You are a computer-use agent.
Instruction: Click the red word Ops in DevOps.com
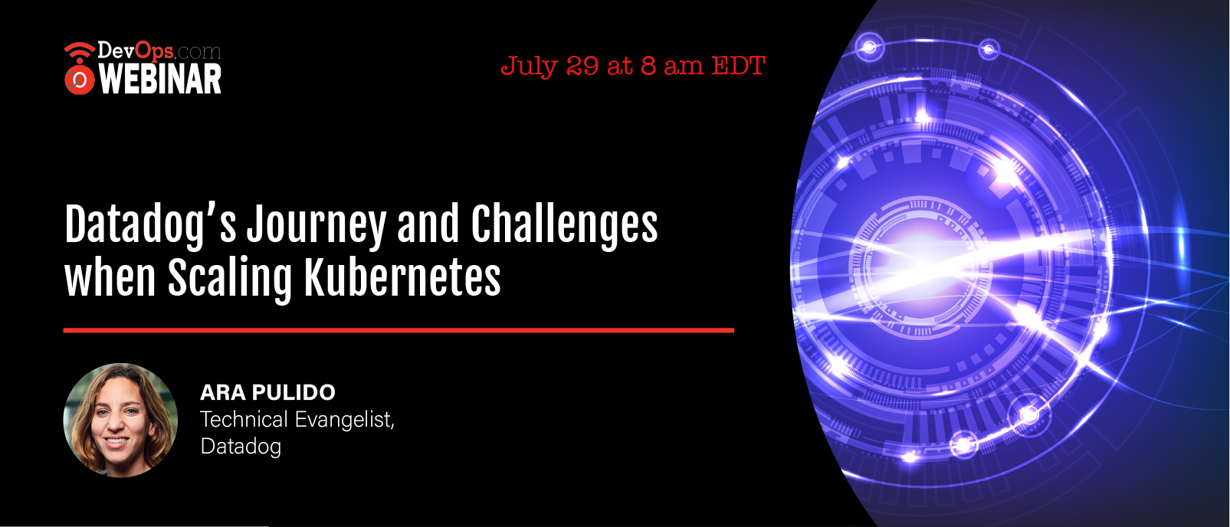tap(154, 51)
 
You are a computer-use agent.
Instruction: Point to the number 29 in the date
tap(582, 67)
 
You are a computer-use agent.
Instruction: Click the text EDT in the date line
tap(739, 66)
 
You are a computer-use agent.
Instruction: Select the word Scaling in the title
tap(230, 278)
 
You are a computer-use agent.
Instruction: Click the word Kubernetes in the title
tap(402, 278)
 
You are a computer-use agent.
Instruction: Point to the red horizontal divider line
tap(399, 330)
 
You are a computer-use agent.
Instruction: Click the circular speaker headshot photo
tap(120, 420)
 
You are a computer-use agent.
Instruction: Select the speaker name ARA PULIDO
tap(268, 392)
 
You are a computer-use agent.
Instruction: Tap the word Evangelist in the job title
tap(345, 420)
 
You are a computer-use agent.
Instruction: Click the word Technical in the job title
tap(244, 420)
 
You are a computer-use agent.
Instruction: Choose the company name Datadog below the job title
tap(241, 447)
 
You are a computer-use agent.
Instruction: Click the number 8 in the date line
tap(648, 67)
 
